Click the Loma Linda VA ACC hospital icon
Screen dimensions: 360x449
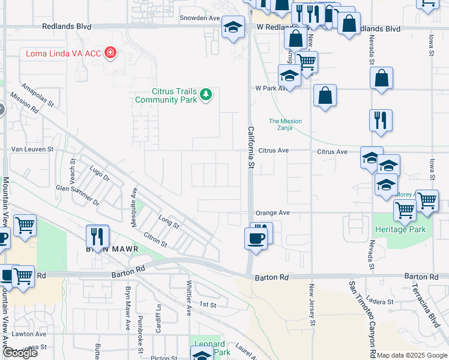[x=110, y=54]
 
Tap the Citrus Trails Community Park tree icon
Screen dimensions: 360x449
[x=206, y=94]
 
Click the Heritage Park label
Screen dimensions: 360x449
[x=400, y=229]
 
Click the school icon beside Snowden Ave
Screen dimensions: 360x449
[x=233, y=27]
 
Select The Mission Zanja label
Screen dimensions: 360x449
[x=285, y=125]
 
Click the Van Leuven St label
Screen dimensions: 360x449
[x=32, y=149]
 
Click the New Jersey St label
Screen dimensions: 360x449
[x=312, y=306]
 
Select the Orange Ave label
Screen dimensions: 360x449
[x=273, y=212]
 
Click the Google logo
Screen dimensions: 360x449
[x=20, y=353]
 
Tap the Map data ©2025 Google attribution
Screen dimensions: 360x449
[x=412, y=355]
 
